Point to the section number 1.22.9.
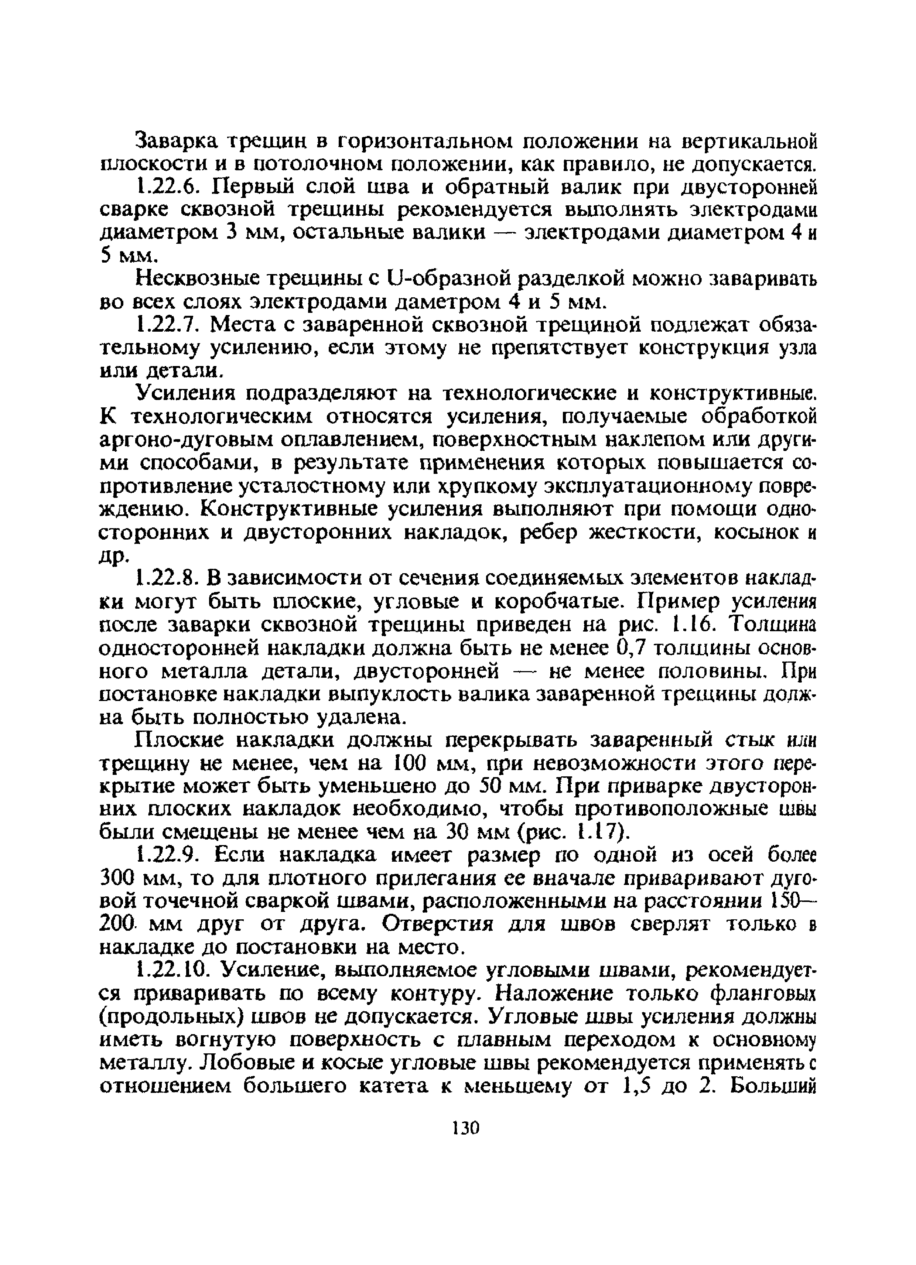click(167, 856)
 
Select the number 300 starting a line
click(118, 879)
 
